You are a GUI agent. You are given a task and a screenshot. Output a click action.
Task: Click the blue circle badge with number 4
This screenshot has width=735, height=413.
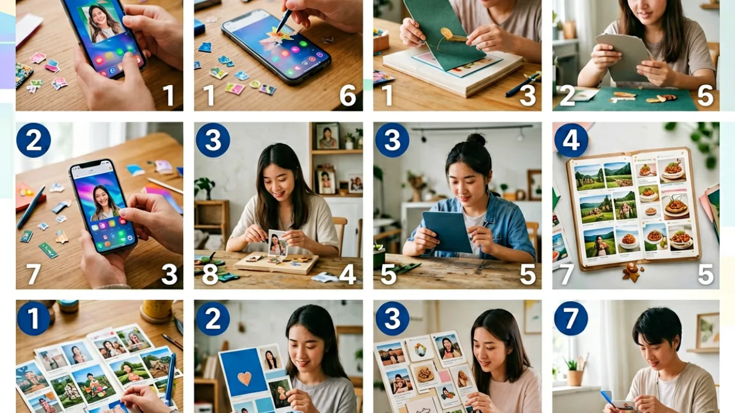(571, 140)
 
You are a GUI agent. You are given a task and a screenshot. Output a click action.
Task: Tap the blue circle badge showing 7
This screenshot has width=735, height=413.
(571, 318)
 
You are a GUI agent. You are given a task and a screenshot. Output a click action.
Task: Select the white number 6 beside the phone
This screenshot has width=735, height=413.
(347, 95)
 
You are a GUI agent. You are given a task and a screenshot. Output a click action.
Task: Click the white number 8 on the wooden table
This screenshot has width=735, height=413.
(210, 274)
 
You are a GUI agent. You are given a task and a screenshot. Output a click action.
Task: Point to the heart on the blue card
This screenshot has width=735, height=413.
(244, 379)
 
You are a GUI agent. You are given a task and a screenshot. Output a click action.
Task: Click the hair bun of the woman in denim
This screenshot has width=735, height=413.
(476, 140)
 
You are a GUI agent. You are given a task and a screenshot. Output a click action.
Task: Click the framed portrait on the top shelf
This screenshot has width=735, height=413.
(328, 136)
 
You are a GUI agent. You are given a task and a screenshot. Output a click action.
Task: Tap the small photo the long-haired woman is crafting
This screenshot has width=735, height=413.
(277, 243)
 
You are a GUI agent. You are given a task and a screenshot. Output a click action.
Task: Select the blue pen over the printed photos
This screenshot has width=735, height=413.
(170, 379)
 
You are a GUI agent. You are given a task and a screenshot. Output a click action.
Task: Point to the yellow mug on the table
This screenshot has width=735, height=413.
(157, 311)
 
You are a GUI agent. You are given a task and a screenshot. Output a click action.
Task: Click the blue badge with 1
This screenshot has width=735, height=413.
(33, 318)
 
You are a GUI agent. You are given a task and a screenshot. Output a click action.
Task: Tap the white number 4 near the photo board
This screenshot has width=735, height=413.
(347, 274)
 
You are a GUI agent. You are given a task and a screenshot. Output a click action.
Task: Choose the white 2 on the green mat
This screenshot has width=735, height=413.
(567, 95)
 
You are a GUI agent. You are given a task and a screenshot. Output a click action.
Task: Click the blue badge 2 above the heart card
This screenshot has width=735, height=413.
(213, 318)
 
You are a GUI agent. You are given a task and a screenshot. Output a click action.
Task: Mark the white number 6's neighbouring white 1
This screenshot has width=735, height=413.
(209, 95)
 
